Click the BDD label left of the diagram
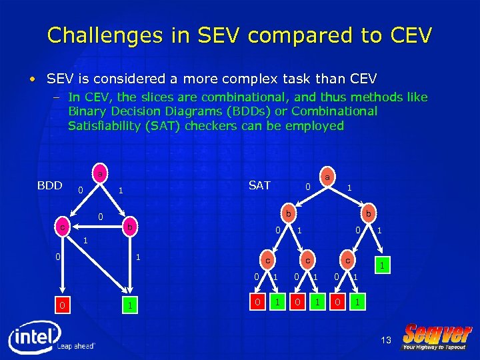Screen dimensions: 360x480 coord(49,185)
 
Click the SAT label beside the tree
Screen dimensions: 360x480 coord(259,185)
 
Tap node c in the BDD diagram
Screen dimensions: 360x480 coord(61,228)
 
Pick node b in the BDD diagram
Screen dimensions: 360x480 coord(131,228)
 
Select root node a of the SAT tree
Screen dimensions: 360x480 coord(327,177)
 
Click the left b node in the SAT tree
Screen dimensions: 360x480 coord(287,213)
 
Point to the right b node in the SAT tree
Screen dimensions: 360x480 coord(367,213)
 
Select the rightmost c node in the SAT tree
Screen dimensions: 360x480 coord(347,259)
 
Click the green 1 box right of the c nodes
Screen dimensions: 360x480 coord(383,265)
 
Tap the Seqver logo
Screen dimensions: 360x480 coord(438,336)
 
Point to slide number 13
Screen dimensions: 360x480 coord(386,341)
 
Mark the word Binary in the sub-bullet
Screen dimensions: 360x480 coord(87,111)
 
